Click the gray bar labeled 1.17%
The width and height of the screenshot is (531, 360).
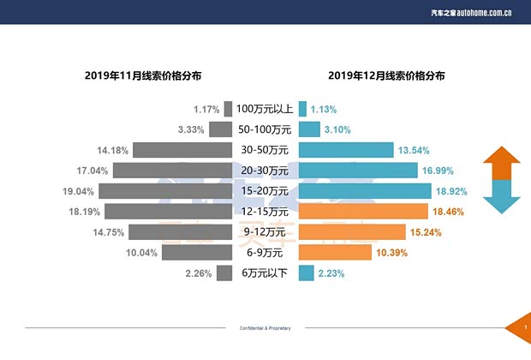point(228,110)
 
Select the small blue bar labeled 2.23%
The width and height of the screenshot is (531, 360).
point(304,273)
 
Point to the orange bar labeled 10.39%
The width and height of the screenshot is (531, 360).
point(335,253)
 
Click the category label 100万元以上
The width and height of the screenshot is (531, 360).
point(265,110)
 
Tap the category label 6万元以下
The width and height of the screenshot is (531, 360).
point(265,273)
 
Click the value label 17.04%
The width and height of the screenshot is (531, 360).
point(92,171)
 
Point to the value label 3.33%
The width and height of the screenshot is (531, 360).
point(190,130)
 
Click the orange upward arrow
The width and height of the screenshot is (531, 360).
point(502,164)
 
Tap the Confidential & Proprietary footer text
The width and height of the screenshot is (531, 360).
point(265,328)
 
